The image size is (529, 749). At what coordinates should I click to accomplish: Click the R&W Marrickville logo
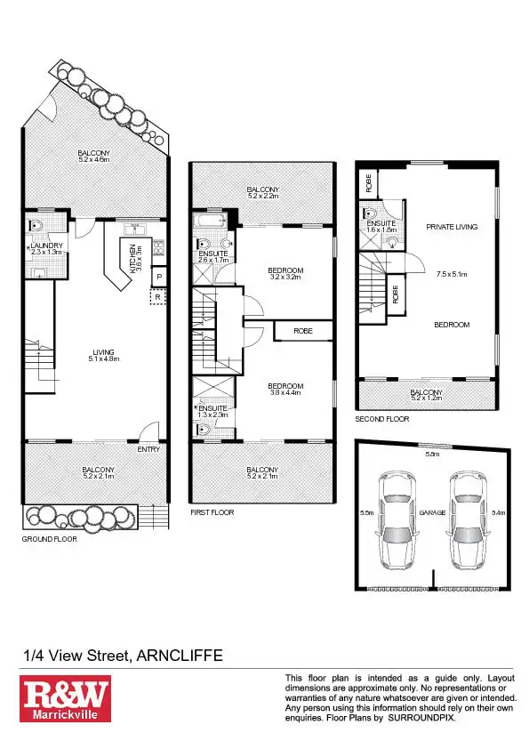(65, 697)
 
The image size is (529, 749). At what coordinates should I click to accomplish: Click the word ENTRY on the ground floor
(148, 449)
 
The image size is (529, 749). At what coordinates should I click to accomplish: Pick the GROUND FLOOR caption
(50, 539)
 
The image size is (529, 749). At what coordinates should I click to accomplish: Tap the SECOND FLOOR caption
(382, 418)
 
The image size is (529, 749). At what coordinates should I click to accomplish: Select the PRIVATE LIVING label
(451, 227)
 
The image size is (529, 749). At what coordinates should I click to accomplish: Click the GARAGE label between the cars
(433, 513)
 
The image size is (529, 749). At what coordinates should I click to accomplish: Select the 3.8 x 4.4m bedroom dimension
(286, 392)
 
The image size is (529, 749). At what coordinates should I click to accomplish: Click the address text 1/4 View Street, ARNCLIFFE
(123, 656)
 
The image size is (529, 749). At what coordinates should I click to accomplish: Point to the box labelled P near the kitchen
(159, 278)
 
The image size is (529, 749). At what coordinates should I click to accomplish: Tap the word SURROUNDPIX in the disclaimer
(421, 717)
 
